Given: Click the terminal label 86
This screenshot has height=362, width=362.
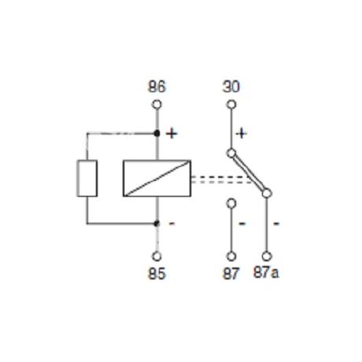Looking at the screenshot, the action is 157,87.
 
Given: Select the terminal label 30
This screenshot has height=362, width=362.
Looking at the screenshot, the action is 231,87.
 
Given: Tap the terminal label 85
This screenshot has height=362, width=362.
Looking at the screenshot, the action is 157,274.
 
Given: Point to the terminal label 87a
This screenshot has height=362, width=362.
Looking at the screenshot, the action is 266,272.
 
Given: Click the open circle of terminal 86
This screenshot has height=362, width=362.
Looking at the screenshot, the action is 157,105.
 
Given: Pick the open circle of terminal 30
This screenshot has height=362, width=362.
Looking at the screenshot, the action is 231,105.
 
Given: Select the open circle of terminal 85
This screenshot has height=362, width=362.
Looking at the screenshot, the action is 157,257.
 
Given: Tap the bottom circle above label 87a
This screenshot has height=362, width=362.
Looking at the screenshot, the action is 267,257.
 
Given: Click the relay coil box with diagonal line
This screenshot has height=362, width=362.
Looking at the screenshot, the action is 157,178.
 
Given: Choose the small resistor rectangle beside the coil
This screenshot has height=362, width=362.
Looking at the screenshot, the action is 87,178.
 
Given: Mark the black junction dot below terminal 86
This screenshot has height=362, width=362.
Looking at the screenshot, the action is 157,134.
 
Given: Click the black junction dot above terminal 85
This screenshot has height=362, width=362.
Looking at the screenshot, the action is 157,223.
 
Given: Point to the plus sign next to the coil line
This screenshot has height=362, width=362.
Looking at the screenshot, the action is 172,134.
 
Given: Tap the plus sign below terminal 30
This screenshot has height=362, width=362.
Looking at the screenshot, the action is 242,134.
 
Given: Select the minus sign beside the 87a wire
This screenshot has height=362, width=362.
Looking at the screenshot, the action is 276,223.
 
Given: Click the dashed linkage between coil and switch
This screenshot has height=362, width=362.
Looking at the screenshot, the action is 222,179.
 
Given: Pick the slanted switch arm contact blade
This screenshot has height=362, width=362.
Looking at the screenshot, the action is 249,173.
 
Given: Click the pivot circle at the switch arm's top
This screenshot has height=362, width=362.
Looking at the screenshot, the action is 231,153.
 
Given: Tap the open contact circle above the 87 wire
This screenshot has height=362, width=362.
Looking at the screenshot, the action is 231,203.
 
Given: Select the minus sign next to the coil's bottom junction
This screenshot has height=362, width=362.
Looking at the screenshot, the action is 172,223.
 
